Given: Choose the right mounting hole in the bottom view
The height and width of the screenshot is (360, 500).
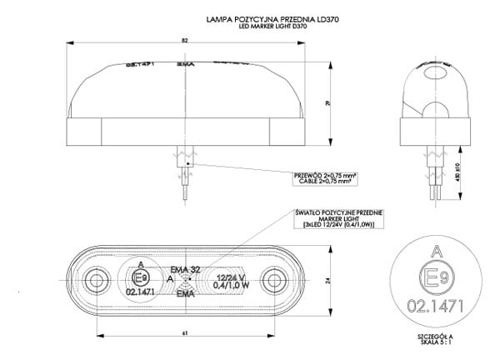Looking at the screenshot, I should point(272,278).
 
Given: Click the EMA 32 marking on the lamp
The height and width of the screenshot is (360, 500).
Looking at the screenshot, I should point(184,269).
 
